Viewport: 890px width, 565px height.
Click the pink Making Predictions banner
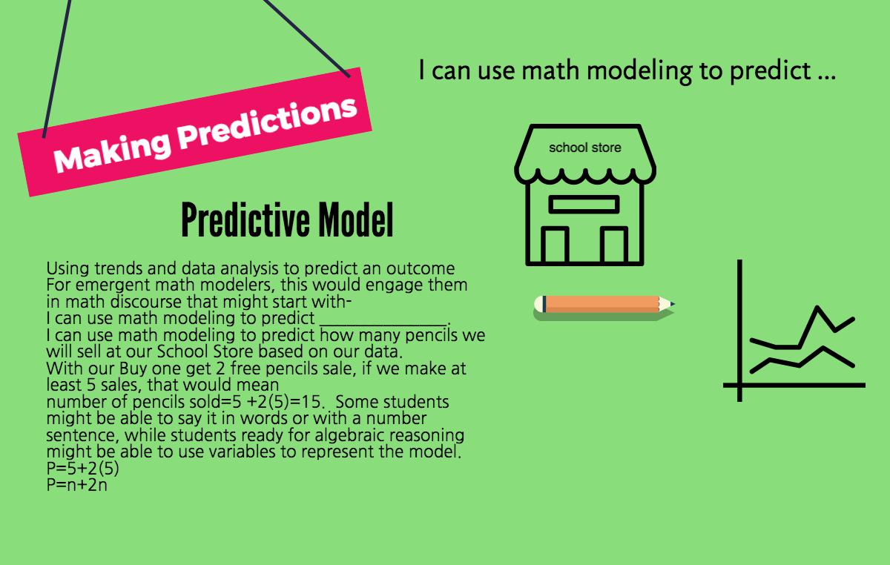[194, 132]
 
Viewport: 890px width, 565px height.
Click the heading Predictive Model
[287, 219]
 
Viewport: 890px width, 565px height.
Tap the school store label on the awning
[585, 148]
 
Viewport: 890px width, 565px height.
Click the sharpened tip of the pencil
[673, 304]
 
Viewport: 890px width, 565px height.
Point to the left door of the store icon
[555, 245]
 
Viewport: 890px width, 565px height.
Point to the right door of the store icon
[614, 245]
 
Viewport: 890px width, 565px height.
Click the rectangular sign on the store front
[584, 204]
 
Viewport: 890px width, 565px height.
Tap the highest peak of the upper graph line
[817, 307]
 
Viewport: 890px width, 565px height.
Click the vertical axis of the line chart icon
[739, 331]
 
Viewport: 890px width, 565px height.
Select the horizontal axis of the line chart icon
[794, 385]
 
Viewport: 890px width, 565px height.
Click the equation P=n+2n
[76, 485]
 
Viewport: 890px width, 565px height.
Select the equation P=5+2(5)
[82, 469]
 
